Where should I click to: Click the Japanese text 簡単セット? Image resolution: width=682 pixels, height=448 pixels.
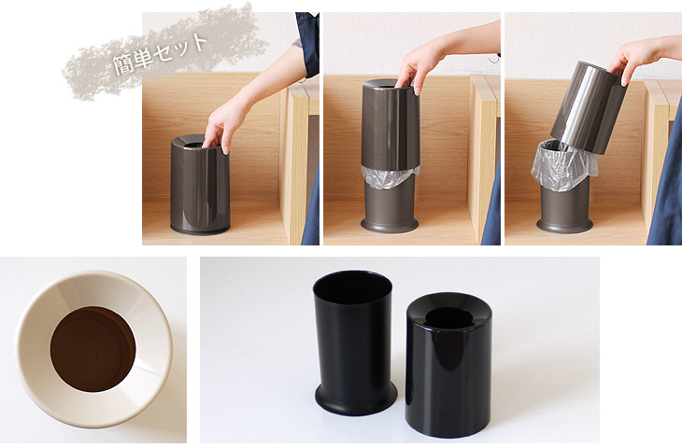160,53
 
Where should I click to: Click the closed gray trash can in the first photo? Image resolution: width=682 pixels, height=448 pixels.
200,185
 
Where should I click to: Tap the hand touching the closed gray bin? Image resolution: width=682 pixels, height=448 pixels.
221,125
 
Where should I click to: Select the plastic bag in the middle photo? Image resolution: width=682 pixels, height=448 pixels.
390,175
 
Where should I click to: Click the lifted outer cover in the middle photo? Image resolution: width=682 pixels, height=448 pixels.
391,125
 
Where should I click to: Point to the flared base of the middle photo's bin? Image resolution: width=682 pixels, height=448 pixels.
390,225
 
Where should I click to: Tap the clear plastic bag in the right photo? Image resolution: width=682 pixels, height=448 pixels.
564,165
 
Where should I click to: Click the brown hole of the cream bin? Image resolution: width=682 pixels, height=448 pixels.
92,349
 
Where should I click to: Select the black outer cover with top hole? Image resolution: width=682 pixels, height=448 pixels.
448,365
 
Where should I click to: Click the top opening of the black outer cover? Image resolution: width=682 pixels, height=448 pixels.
448,318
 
